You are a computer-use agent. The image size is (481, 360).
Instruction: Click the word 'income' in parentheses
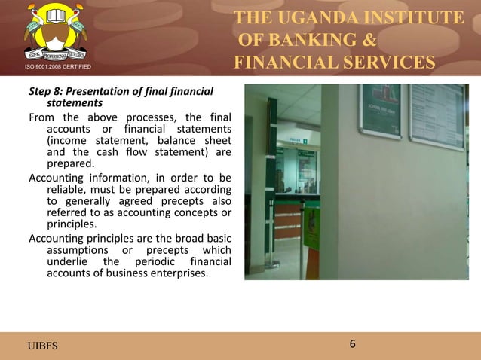coord(69,139)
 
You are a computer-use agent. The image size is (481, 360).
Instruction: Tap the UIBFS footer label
coord(42,346)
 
